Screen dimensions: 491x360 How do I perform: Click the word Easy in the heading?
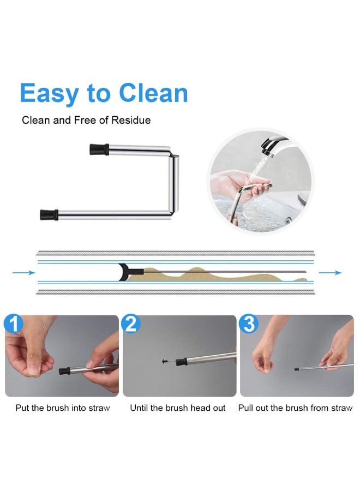pos(50,94)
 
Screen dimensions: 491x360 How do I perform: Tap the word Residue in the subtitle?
pos(131,120)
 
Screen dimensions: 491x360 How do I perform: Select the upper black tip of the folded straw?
pos(97,148)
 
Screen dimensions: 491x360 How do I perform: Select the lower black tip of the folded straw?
pos(49,213)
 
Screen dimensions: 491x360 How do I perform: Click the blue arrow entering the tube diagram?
pos(21,273)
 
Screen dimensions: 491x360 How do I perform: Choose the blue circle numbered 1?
pos(13,325)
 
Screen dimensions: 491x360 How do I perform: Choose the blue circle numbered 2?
pos(131,325)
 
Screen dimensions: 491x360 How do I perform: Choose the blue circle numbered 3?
pos(249,325)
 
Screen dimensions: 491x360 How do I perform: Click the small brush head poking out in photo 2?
pos(165,361)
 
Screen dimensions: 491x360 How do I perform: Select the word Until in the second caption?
pos(140,408)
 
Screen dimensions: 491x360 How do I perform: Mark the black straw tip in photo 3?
pos(296,369)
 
